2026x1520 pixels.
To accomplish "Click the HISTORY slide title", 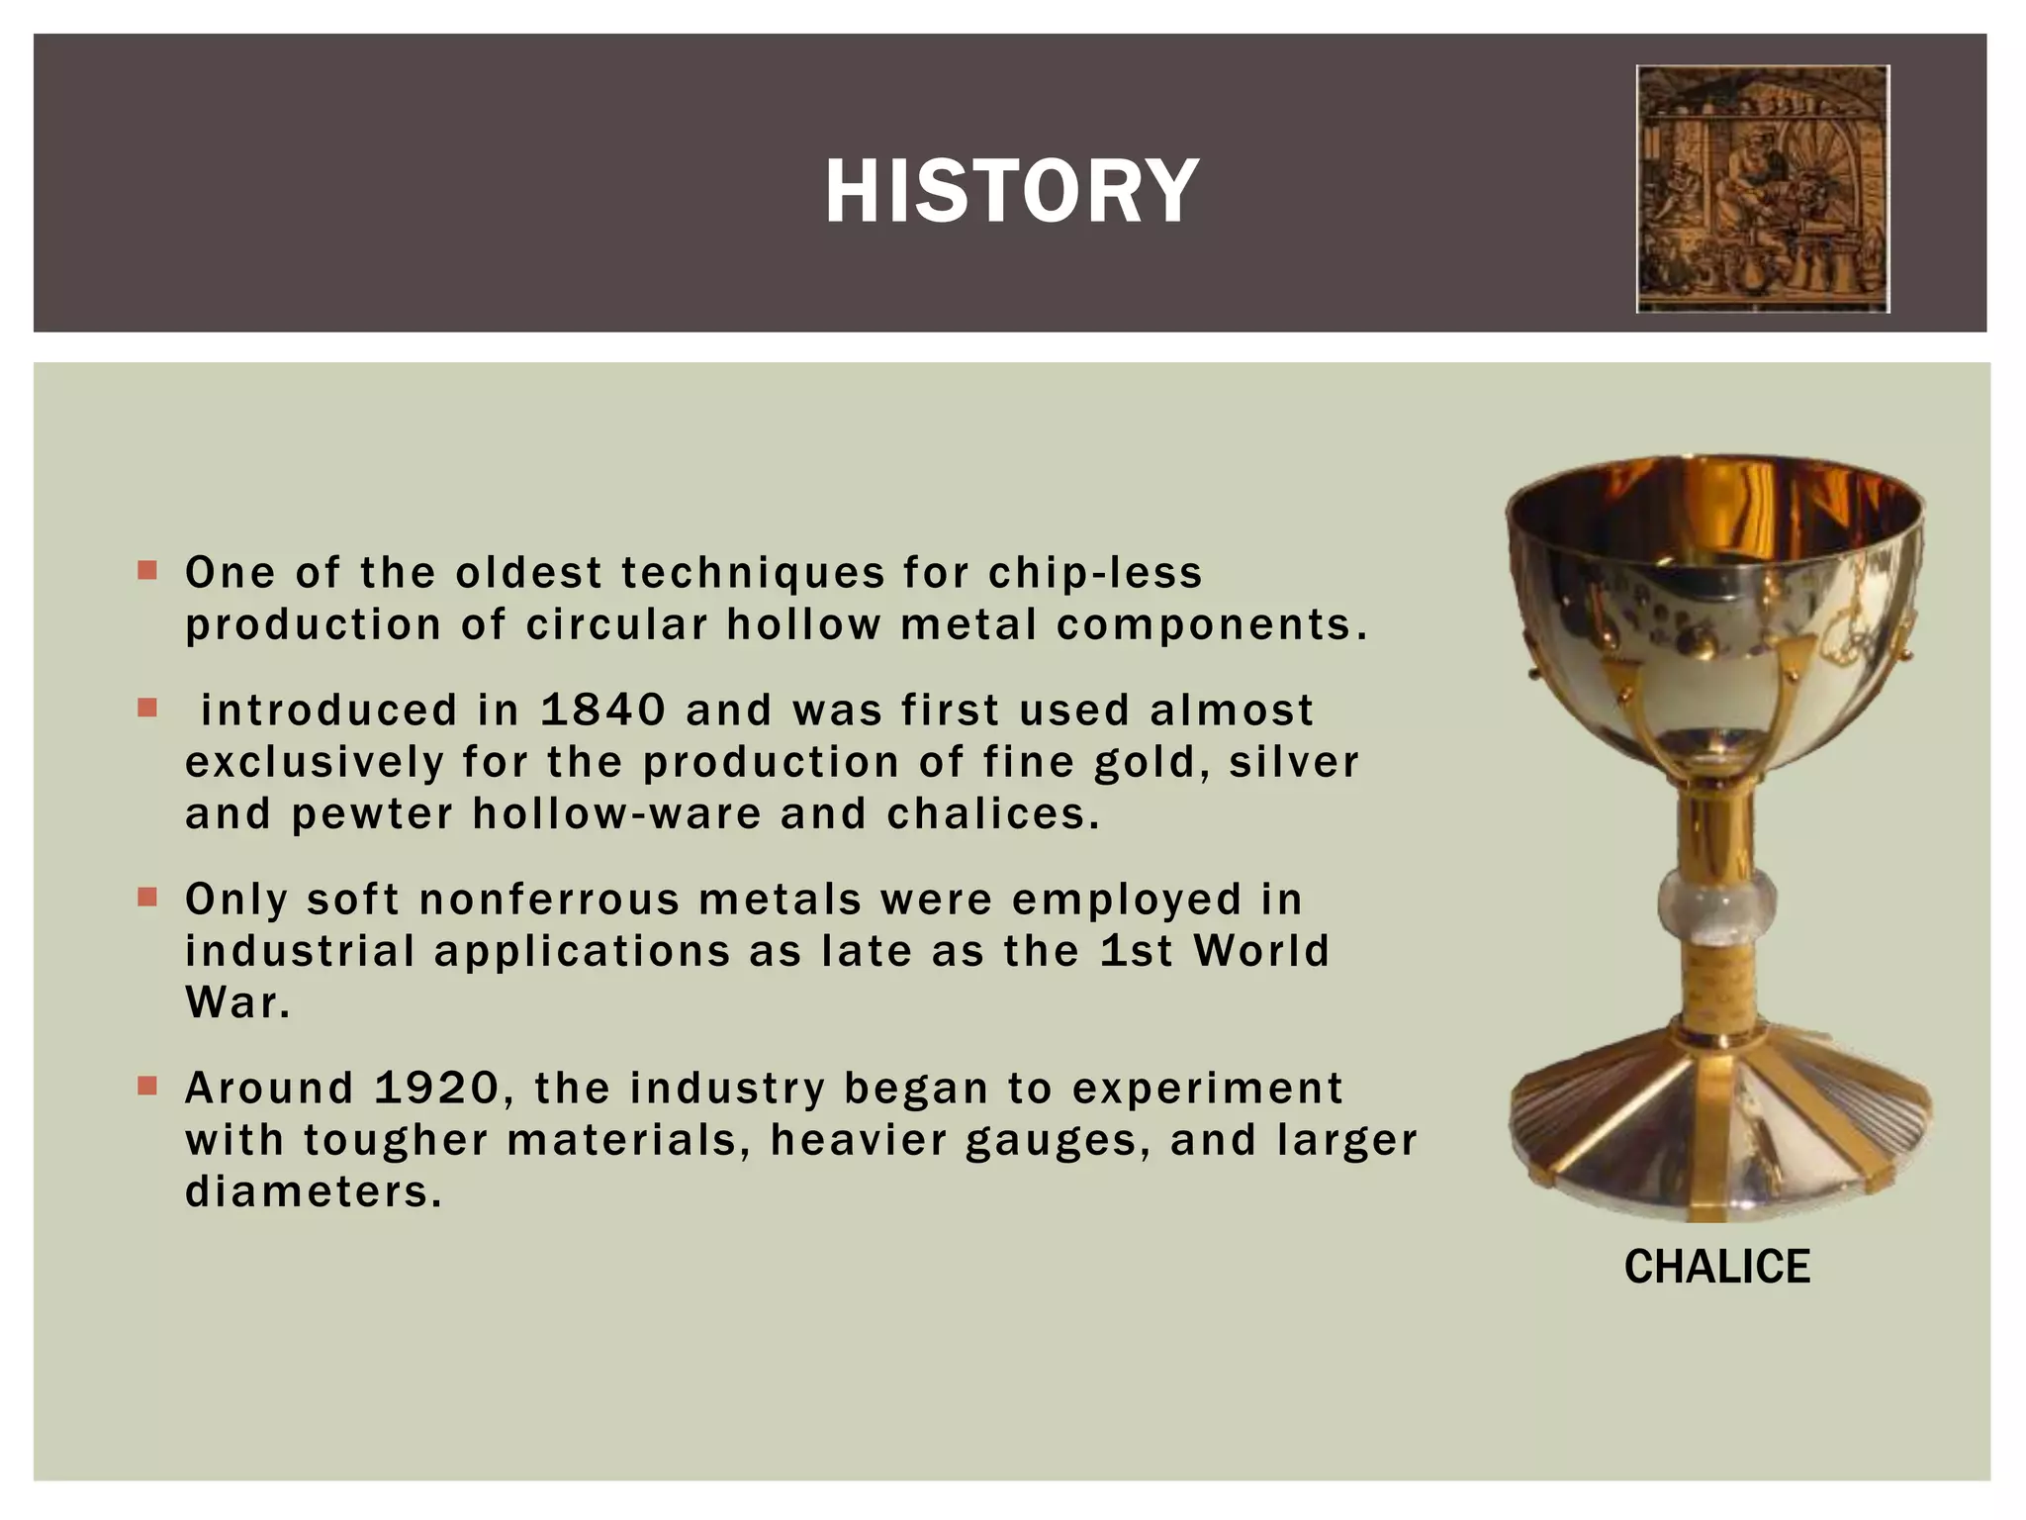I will tap(1011, 191).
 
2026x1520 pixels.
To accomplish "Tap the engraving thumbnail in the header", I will tap(1763, 189).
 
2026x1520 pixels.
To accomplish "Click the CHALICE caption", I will tap(1716, 1267).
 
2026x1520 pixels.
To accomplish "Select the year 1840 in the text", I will tap(602, 711).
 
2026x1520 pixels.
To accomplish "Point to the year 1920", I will tap(437, 1089).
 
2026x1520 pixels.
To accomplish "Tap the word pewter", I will tap(373, 814).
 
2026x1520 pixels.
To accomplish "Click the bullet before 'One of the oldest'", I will tap(147, 571).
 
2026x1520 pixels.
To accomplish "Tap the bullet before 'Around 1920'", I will tap(147, 1087).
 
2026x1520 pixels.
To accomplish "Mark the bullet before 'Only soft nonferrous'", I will tap(147, 898).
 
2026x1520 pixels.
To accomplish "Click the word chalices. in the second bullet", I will tap(993, 814).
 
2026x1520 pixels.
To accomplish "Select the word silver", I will tap(1294, 763).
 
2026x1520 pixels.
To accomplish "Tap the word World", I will tap(1261, 951).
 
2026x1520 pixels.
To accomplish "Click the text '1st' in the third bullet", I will tap(1136, 951).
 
